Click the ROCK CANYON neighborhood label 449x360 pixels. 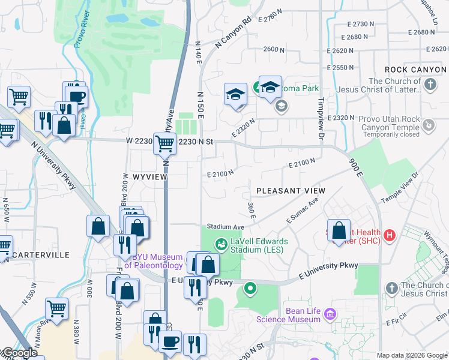[x=415, y=70]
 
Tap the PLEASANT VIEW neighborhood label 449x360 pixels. [x=291, y=191]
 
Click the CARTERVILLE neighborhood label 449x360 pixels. [x=40, y=255]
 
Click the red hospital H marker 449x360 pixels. [x=390, y=233]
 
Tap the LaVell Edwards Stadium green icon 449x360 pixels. [x=221, y=244]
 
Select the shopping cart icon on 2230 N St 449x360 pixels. [x=164, y=144]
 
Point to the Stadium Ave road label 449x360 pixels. [x=226, y=227]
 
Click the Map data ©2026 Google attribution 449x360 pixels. [x=412, y=355]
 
